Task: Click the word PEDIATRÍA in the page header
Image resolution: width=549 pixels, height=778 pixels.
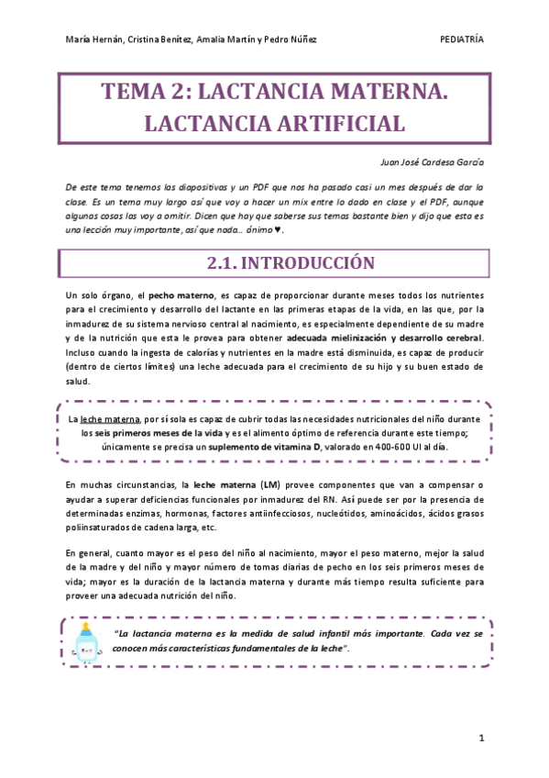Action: click(462, 39)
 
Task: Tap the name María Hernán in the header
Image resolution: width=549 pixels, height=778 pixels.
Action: click(95, 40)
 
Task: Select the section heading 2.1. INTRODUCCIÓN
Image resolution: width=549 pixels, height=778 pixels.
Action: click(291, 263)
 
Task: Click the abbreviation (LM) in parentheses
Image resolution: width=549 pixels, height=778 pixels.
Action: click(269, 483)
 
